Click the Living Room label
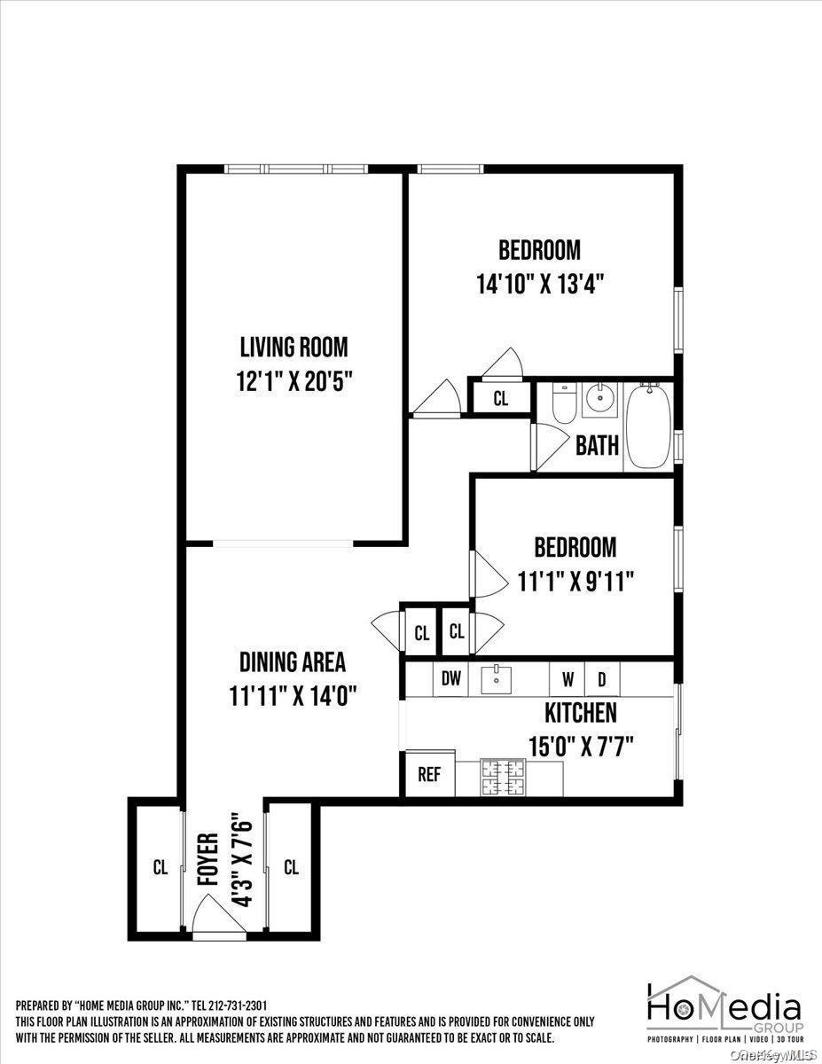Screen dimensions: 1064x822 pyautogui.click(x=294, y=347)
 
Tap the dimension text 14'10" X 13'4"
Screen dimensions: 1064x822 pyautogui.click(x=544, y=285)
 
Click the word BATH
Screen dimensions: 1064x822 pyautogui.click(x=597, y=445)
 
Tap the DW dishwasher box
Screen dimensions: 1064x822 pyautogui.click(x=451, y=680)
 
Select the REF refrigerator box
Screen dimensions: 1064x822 pyautogui.click(x=429, y=774)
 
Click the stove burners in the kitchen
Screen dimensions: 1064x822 pyautogui.click(x=503, y=778)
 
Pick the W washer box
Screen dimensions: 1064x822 pyautogui.click(x=567, y=680)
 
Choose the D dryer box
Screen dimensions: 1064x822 pyautogui.click(x=601, y=680)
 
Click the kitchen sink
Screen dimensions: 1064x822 pyautogui.click(x=497, y=680)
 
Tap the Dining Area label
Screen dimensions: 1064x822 pyautogui.click(x=292, y=662)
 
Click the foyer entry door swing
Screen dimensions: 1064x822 pyautogui.click(x=215, y=912)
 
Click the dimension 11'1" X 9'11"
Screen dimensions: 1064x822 pyautogui.click(x=575, y=581)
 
